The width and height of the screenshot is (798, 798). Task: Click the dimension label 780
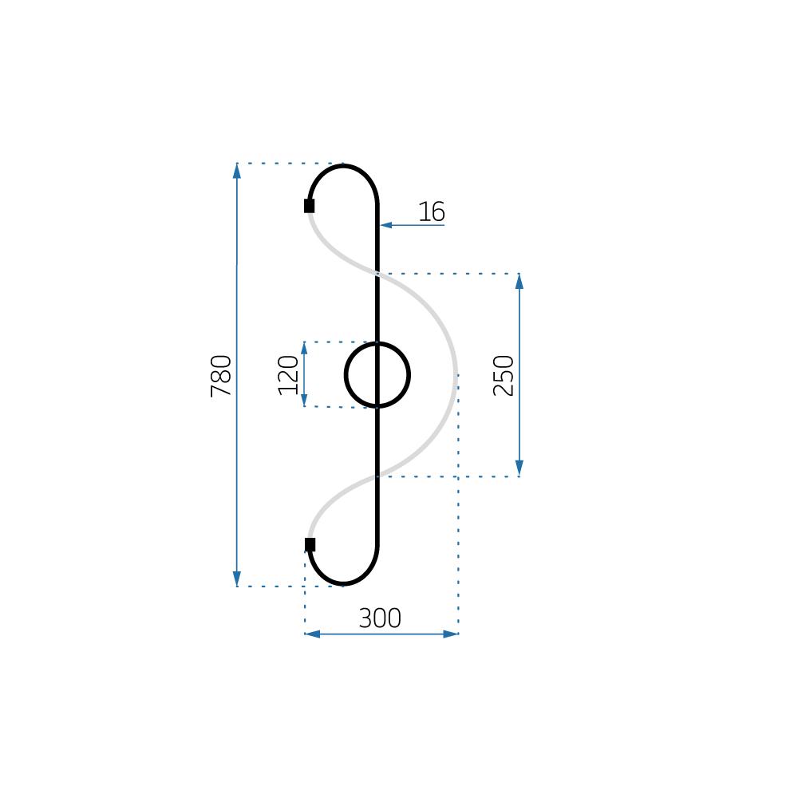[x=221, y=375]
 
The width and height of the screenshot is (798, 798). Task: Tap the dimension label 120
[x=289, y=374]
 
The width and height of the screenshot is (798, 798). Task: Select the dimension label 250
[x=504, y=375]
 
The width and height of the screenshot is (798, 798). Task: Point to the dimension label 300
[x=380, y=618]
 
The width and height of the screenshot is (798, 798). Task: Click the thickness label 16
[x=432, y=212]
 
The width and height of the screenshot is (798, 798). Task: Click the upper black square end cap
[x=310, y=206]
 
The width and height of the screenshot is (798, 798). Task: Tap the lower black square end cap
[x=310, y=545]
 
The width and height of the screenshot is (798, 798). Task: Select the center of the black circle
[x=377, y=375]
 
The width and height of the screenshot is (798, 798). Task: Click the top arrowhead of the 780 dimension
[x=237, y=170]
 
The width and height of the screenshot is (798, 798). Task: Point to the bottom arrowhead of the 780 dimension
[x=237, y=579]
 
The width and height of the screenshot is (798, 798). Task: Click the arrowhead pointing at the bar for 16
[x=386, y=225]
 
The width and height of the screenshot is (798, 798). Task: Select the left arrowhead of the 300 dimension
[x=312, y=634]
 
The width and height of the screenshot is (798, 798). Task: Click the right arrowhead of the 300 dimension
[x=451, y=634]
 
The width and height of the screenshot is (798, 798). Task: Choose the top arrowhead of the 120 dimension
[x=304, y=348]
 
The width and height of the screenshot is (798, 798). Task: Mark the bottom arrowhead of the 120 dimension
[x=304, y=401]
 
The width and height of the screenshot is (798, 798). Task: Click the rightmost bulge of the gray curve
[x=456, y=375]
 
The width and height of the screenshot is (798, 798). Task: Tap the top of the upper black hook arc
[x=344, y=166]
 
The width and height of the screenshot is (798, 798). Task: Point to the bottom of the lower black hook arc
[x=344, y=583]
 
